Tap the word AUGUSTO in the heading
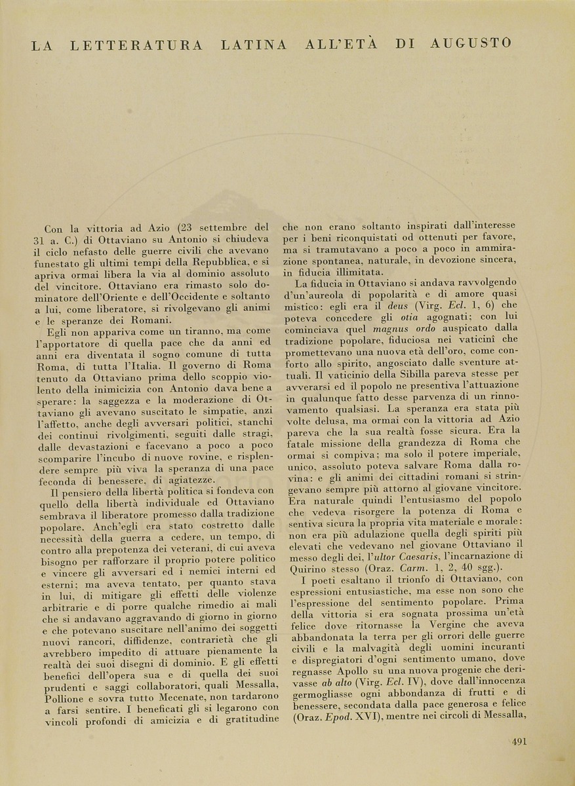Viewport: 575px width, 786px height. click(471, 43)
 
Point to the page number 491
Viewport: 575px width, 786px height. click(519, 741)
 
